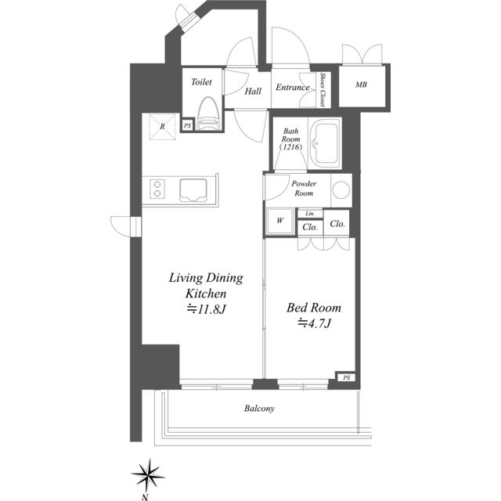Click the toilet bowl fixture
tap(209, 114)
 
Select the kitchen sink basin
tap(193, 190)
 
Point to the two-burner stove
tap(157, 189)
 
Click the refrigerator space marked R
tap(162, 127)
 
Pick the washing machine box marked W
tap(280, 221)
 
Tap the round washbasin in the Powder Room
tap(341, 189)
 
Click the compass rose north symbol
tap(148, 473)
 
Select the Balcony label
tap(259, 409)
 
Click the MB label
tap(361, 85)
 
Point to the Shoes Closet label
tap(323, 90)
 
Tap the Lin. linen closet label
tap(310, 214)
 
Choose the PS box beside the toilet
tap(188, 125)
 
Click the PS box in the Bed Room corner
tap(346, 377)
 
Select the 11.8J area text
tap(207, 309)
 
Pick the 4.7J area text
tap(315, 323)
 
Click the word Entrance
tap(292, 88)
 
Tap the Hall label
tap(253, 92)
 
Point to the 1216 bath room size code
tap(290, 147)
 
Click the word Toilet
tap(201, 82)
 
